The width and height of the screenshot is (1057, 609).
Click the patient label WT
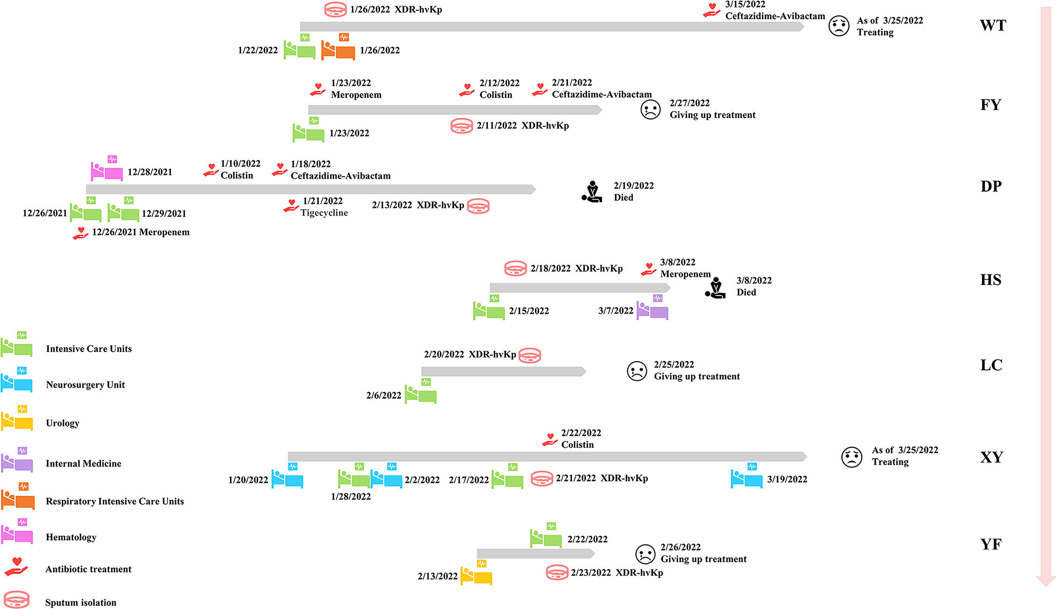(x=993, y=25)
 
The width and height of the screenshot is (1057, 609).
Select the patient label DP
(x=991, y=186)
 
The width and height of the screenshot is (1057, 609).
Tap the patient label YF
(x=991, y=544)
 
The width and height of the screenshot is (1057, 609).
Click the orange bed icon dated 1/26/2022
(x=338, y=47)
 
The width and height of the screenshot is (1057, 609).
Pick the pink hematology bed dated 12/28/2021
(x=107, y=169)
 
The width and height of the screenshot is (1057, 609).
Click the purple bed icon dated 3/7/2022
(x=652, y=308)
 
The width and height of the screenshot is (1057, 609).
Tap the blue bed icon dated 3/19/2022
(x=747, y=476)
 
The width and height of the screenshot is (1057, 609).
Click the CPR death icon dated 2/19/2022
(x=592, y=192)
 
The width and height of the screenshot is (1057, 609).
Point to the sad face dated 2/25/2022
(x=637, y=371)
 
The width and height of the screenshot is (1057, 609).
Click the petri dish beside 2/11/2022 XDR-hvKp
(x=462, y=126)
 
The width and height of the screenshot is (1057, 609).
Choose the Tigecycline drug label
(x=324, y=213)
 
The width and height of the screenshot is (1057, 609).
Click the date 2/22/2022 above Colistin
(x=581, y=433)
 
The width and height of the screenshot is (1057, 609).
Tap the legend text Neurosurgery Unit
(x=85, y=385)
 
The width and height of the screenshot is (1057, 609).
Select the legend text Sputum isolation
(x=81, y=603)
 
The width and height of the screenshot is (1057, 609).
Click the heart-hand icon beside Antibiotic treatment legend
(x=16, y=567)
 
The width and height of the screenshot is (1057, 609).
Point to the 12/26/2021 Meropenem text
(x=140, y=232)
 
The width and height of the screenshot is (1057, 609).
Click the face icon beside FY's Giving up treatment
(x=650, y=110)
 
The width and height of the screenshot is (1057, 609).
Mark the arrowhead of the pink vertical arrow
(x=1046, y=581)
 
